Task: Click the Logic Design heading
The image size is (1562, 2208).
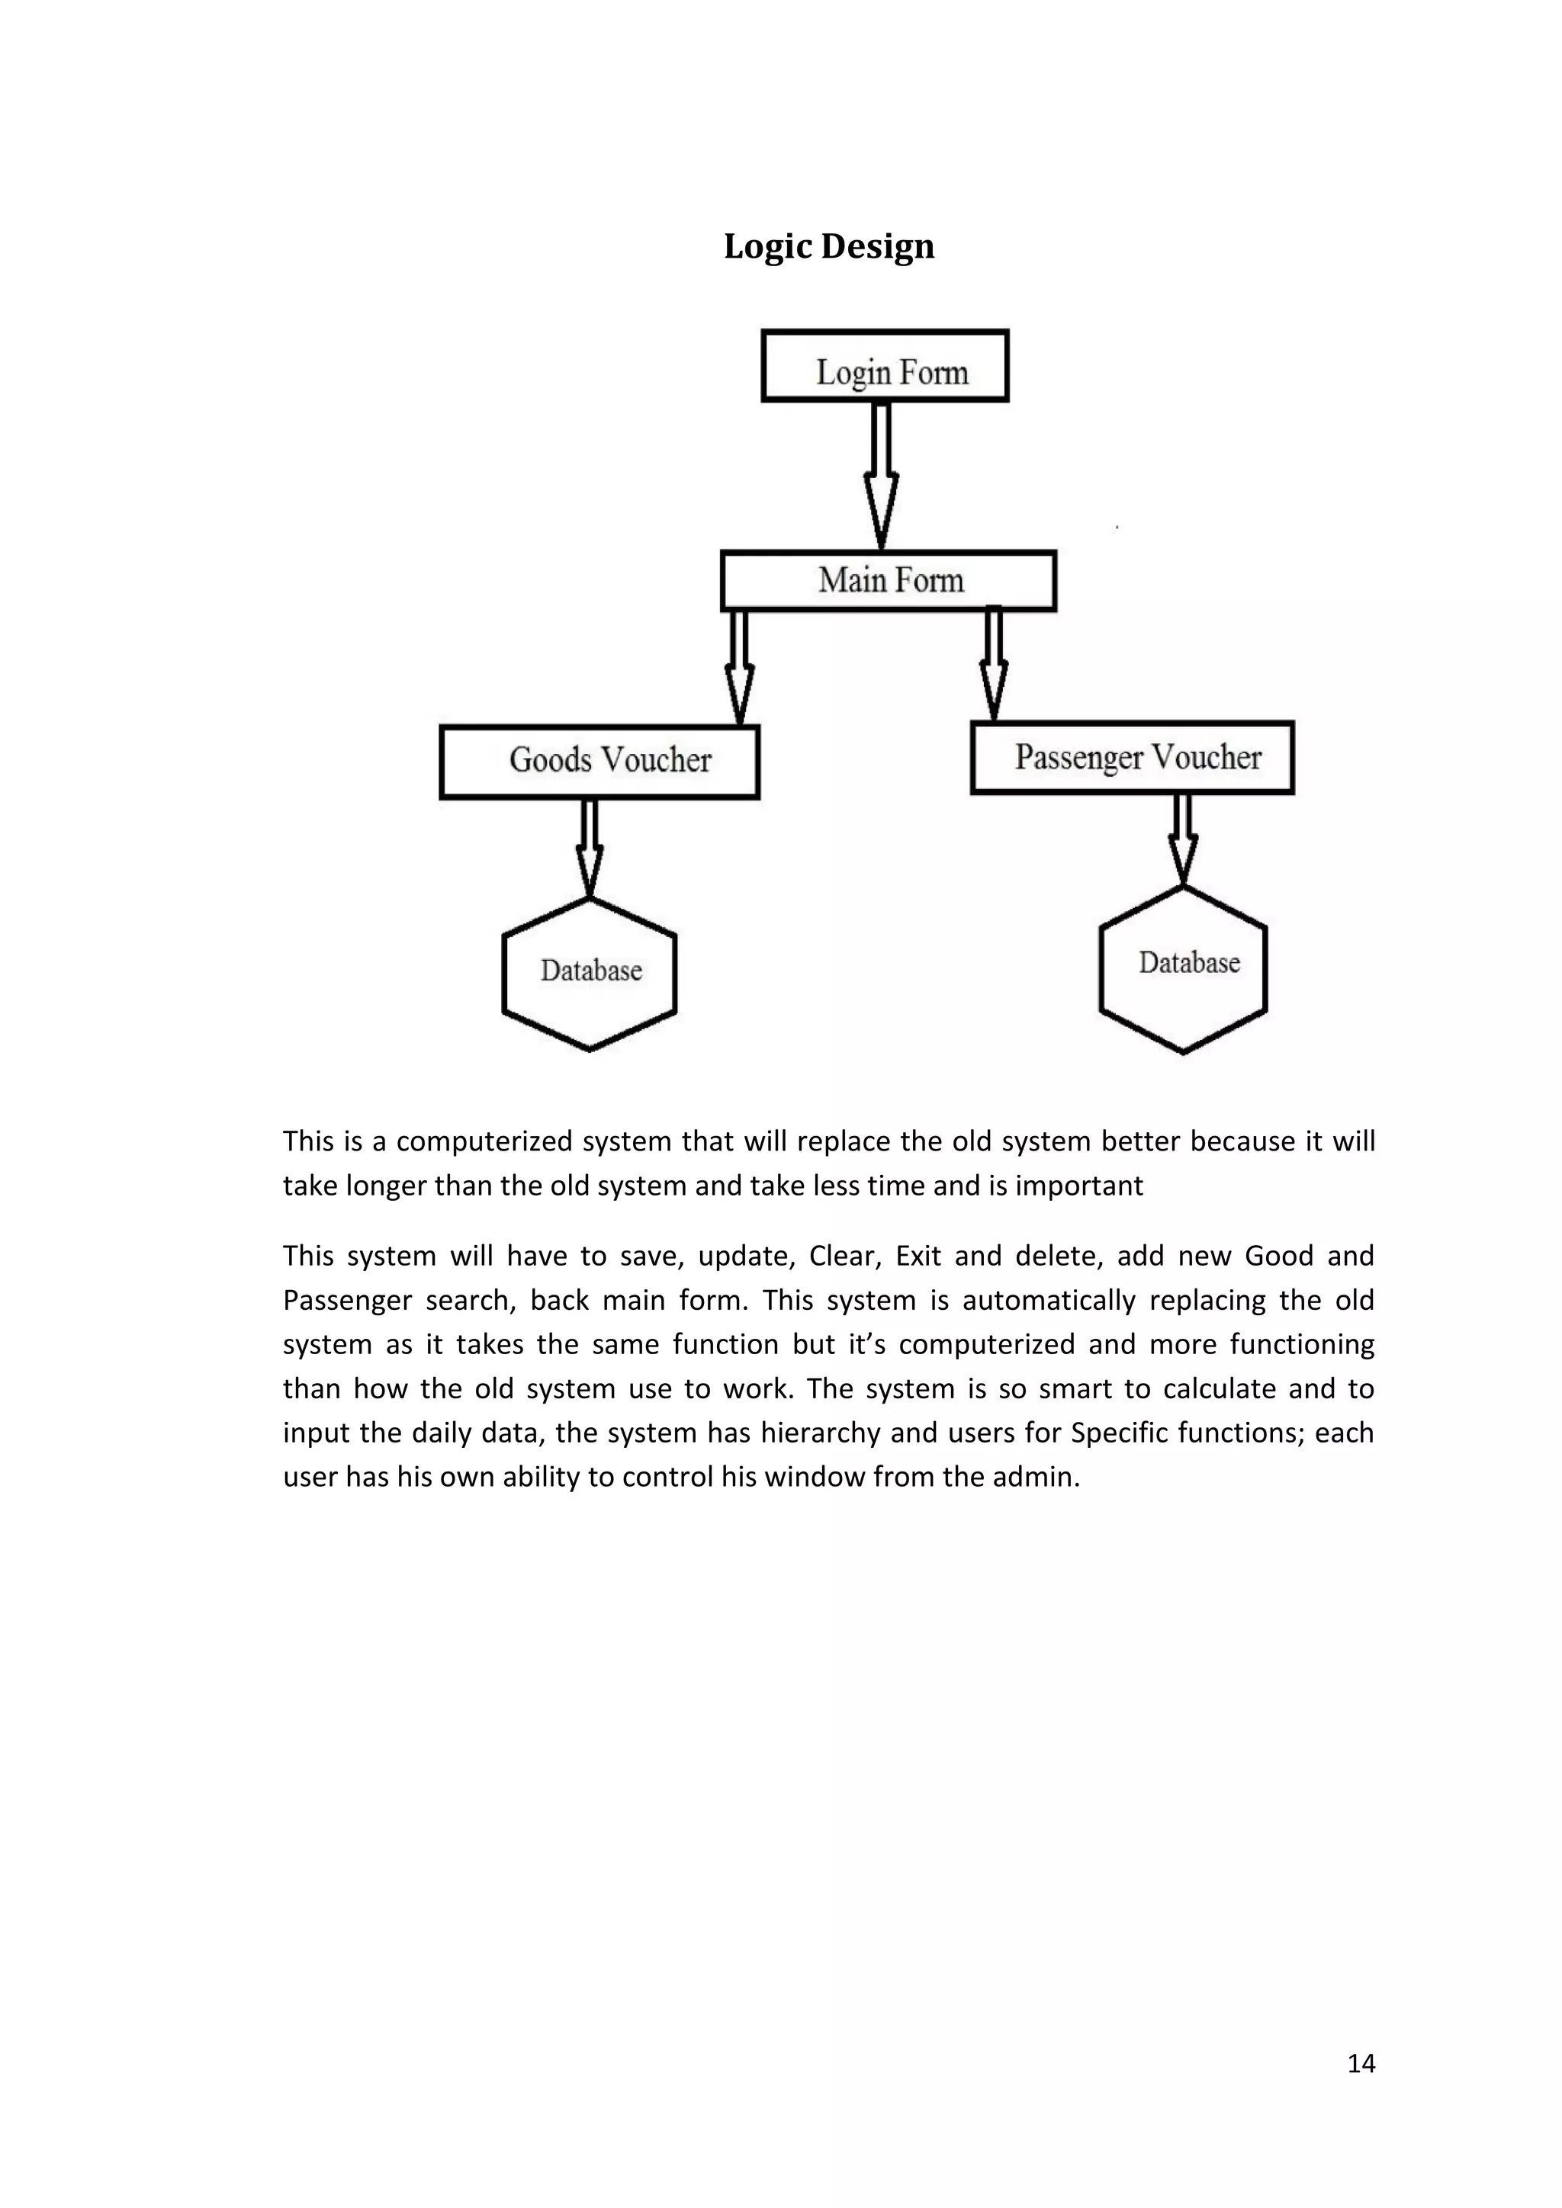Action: coord(828,246)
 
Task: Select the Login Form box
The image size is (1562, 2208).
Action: coord(885,367)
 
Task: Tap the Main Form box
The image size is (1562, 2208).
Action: coord(889,581)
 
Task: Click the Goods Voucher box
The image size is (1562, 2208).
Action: coord(599,762)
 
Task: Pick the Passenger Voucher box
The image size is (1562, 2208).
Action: coord(1132,758)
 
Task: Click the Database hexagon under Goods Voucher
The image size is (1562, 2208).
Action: coord(590,972)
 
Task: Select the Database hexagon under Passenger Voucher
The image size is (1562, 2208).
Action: coord(1183,968)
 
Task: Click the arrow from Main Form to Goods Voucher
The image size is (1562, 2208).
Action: coord(739,666)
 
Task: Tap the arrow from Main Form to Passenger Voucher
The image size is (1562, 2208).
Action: coord(994,663)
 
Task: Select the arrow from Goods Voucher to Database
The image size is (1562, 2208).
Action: coord(590,846)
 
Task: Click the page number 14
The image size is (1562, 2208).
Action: coord(1360,2064)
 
